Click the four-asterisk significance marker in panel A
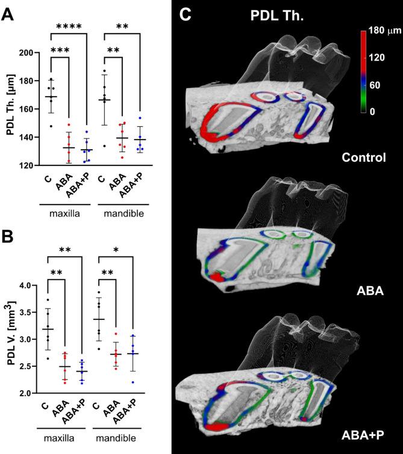click(x=70, y=26)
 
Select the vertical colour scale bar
click(x=363, y=71)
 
